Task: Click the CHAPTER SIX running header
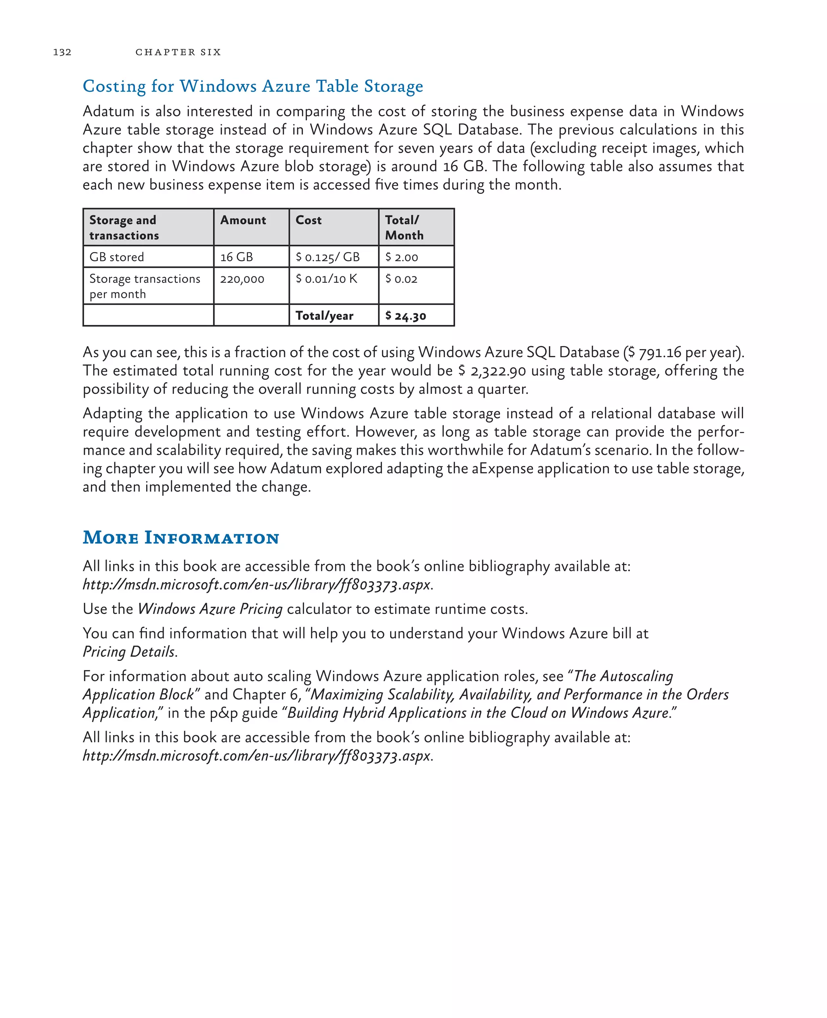click(178, 52)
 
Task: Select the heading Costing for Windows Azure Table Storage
click(252, 86)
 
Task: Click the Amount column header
click(243, 220)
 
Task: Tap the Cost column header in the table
click(308, 220)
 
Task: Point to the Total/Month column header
click(404, 227)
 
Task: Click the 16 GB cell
click(236, 257)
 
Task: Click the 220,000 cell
click(242, 279)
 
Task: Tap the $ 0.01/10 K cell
click(326, 279)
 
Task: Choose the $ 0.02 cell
click(401, 279)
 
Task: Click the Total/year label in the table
click(324, 316)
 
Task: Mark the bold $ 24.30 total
click(405, 316)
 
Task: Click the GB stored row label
click(117, 257)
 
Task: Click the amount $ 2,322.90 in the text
click(492, 371)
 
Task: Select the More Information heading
click(181, 538)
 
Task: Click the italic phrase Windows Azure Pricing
click(210, 609)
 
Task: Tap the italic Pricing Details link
click(129, 652)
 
